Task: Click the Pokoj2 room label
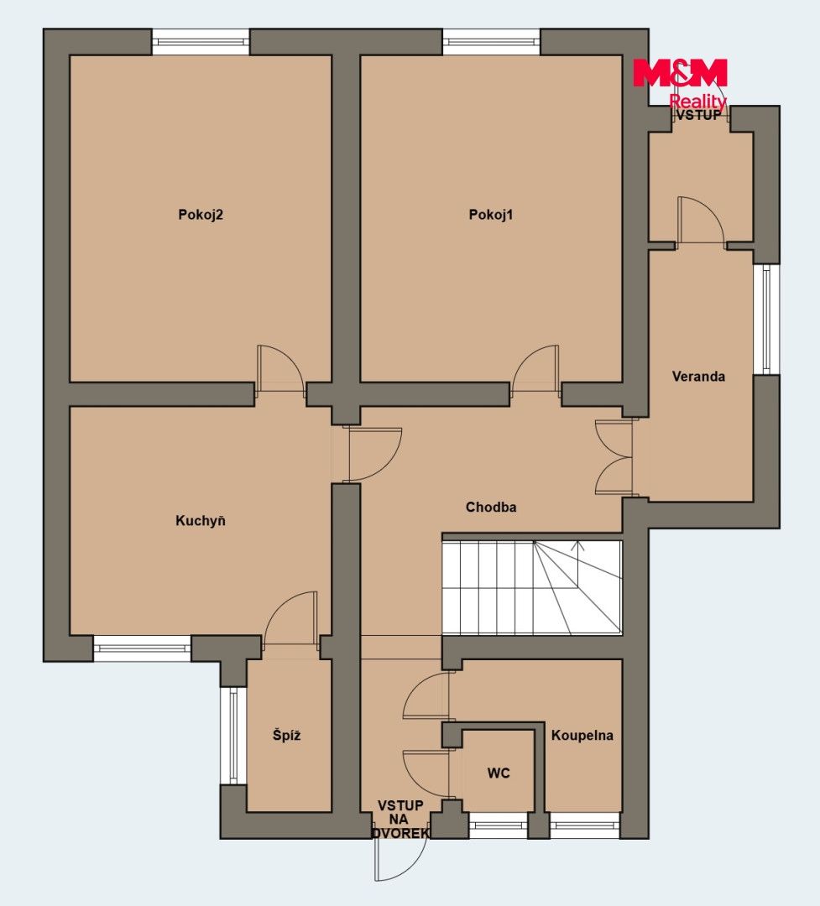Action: (x=200, y=215)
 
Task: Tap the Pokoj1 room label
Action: (x=490, y=215)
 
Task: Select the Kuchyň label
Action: (x=200, y=521)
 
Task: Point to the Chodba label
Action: (x=491, y=508)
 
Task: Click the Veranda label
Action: (x=698, y=377)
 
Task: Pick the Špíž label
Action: (x=286, y=735)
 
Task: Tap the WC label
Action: (x=499, y=773)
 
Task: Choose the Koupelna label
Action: (x=582, y=736)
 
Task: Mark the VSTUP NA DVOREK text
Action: (x=400, y=820)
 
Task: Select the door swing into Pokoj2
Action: (x=281, y=370)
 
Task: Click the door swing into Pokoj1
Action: (x=535, y=370)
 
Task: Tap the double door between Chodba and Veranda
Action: (x=614, y=458)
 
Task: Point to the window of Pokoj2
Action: (x=201, y=42)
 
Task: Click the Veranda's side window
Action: (x=766, y=320)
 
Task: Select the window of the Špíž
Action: (x=233, y=736)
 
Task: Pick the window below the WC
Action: (x=498, y=825)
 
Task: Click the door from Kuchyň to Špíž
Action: (x=291, y=618)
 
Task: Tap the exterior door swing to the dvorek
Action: (x=400, y=860)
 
